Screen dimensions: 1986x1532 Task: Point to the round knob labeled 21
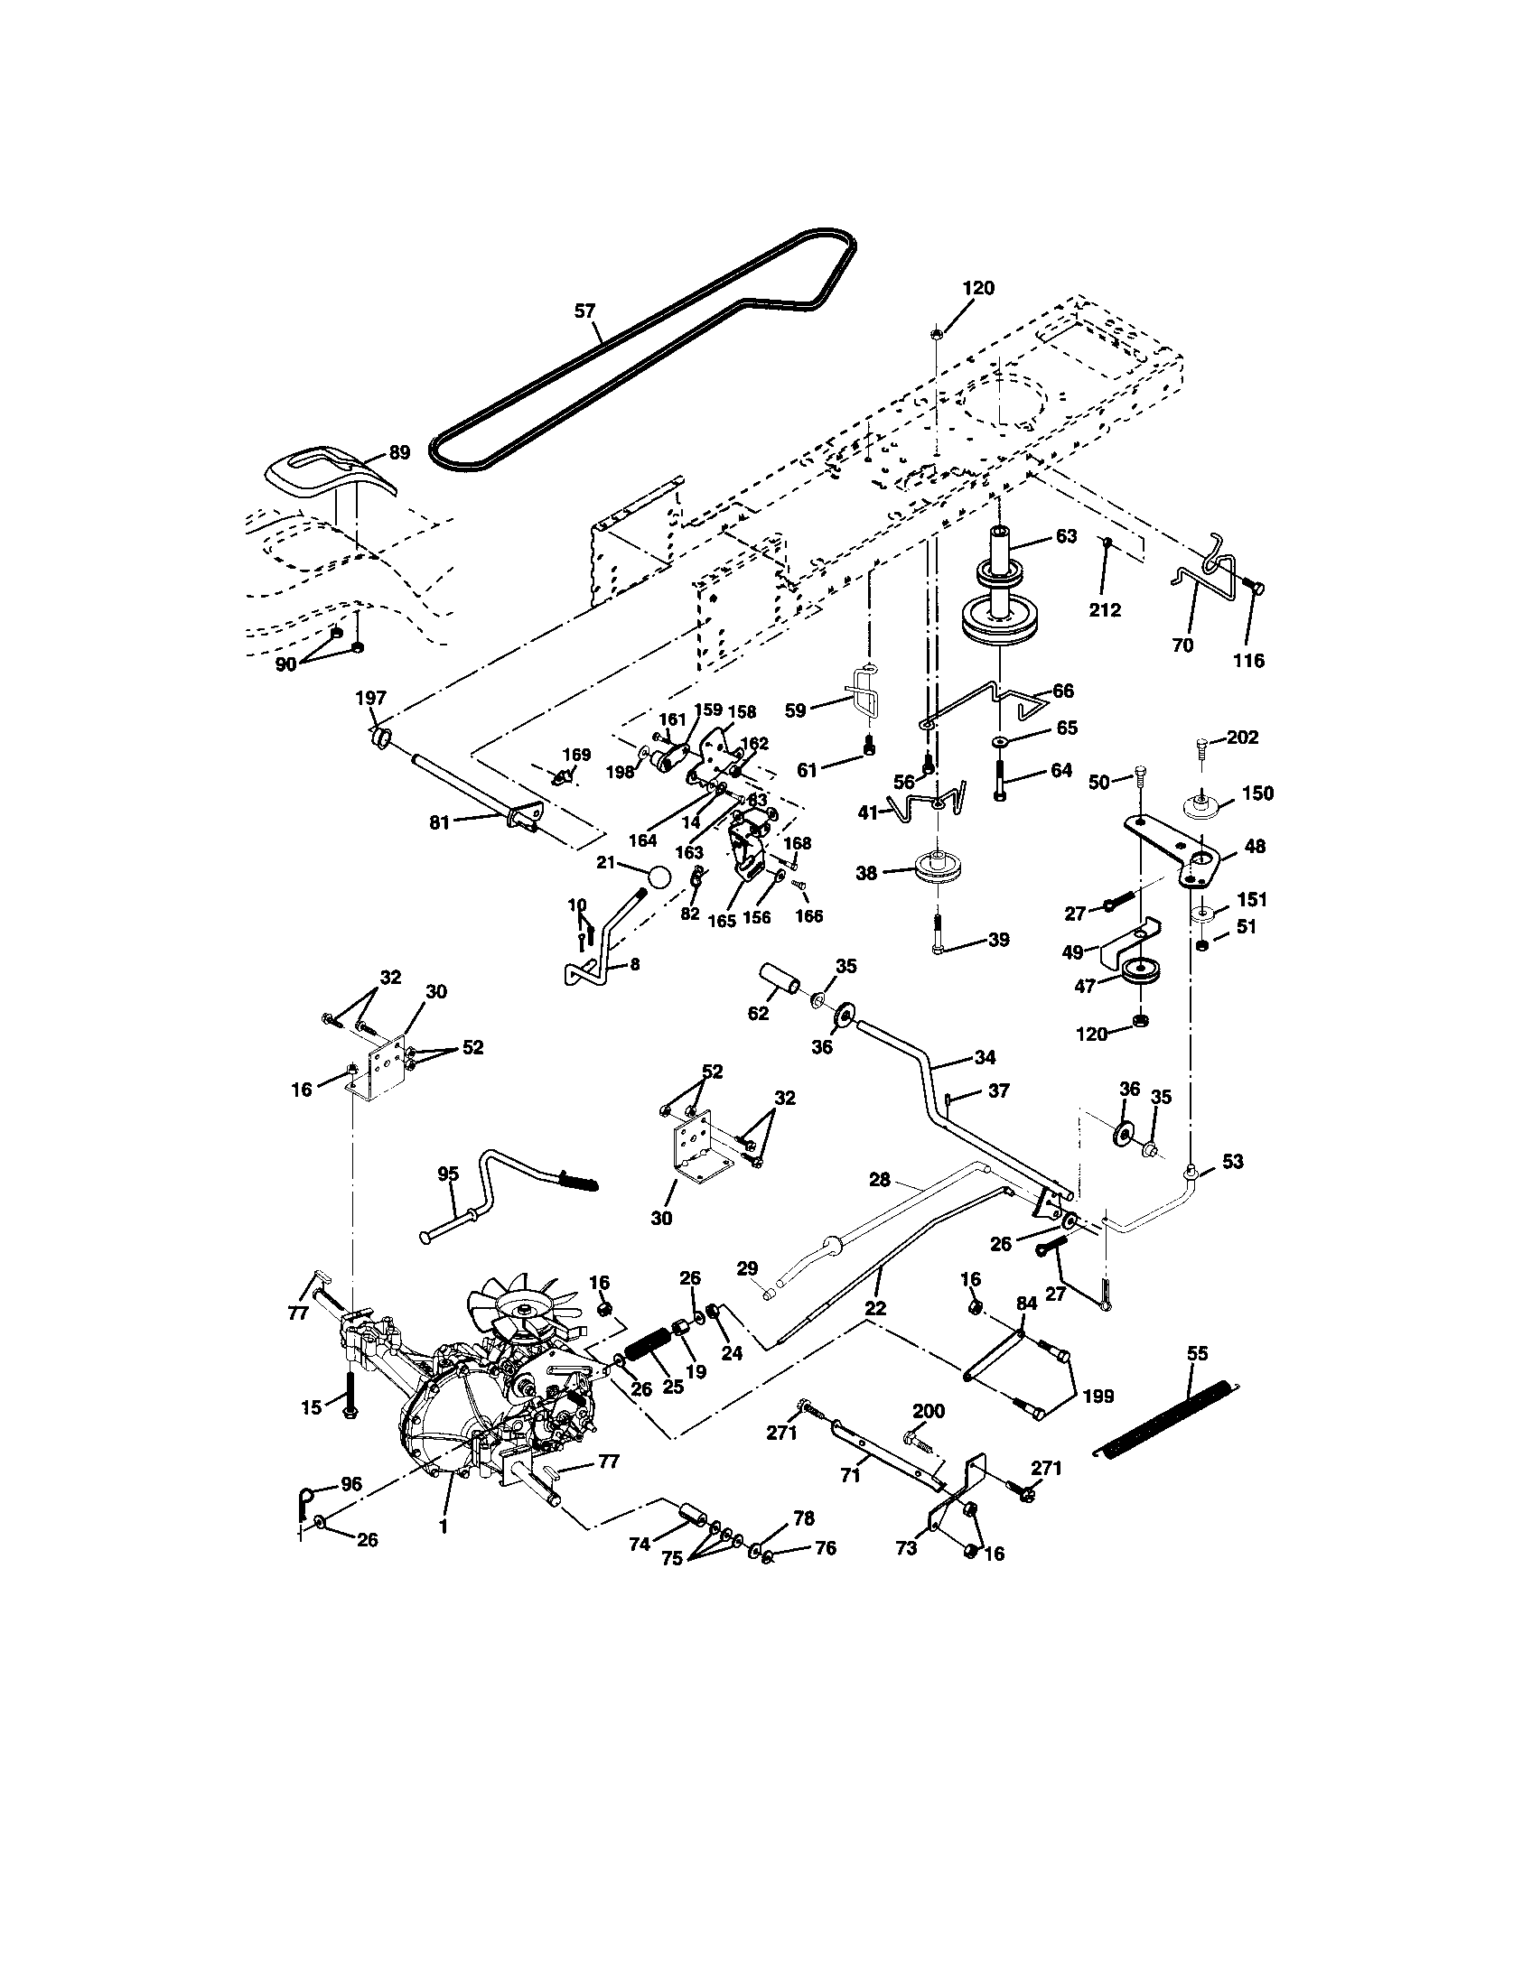point(660,876)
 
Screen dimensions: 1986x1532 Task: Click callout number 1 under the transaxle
point(443,1527)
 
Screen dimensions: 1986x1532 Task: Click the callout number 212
point(1105,609)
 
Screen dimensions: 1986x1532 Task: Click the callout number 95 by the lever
point(449,1173)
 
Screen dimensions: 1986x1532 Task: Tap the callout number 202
point(1242,738)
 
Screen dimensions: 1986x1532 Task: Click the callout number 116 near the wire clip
point(1248,661)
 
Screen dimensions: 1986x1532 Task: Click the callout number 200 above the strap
point(928,1411)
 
